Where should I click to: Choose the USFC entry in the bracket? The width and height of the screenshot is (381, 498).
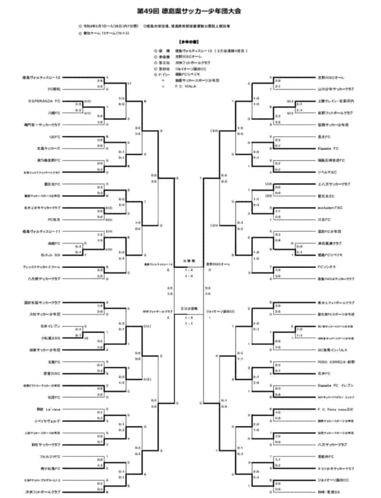coord(54,137)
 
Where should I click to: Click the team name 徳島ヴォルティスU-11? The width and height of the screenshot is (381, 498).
coord(41,231)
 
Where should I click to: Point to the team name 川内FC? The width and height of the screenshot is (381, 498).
coord(324,219)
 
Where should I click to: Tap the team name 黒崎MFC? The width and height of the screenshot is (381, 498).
coord(325,457)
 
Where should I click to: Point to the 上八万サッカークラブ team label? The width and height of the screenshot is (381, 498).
coord(334,184)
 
